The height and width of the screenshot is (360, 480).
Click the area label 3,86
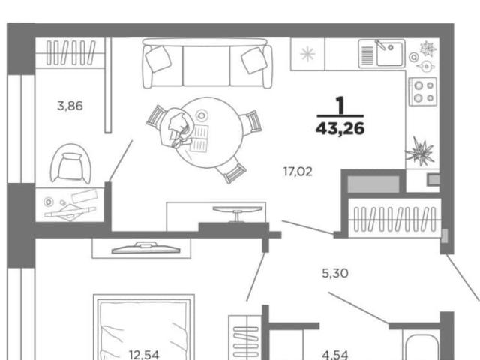pyautogui.click(x=70, y=106)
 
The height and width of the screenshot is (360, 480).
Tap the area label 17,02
pyautogui.click(x=298, y=172)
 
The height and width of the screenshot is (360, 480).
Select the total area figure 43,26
pyautogui.click(x=340, y=128)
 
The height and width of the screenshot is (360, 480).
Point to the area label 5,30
pyautogui.click(x=335, y=273)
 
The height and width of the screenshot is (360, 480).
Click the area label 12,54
pyautogui.click(x=144, y=355)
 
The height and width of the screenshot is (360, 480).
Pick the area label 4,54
pyautogui.click(x=335, y=355)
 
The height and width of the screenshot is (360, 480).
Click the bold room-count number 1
pyautogui.click(x=340, y=105)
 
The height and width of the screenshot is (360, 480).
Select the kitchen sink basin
pyautogui.click(x=389, y=54)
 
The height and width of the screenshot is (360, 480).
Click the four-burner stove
pyautogui.click(x=423, y=91)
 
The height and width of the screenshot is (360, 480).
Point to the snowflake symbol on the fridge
pyautogui.click(x=307, y=54)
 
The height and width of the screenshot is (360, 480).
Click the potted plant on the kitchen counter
pyautogui.click(x=420, y=151)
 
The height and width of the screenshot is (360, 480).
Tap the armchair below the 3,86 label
pyautogui.click(x=70, y=163)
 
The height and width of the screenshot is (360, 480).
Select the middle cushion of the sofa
pyautogui.click(x=206, y=66)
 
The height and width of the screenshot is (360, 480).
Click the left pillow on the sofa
pyautogui.click(x=158, y=58)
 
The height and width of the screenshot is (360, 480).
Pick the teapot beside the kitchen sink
pyautogui.click(x=425, y=66)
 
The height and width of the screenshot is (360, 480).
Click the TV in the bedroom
pyautogui.click(x=146, y=248)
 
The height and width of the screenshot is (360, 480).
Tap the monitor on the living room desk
pyautogui.click(x=238, y=212)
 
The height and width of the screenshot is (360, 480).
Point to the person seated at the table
pyautogui.click(x=178, y=128)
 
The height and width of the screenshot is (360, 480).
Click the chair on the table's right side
pyautogui.click(x=251, y=122)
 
